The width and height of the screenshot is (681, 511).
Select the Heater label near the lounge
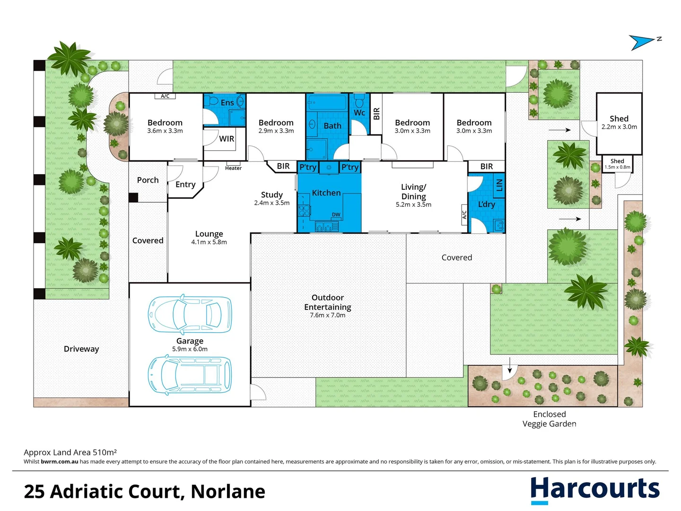233,168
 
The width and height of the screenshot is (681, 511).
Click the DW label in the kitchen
336,214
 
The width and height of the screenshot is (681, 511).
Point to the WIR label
227,139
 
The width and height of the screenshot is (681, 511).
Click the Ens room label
227,103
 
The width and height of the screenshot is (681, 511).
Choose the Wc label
359,113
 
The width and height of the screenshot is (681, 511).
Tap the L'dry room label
486,204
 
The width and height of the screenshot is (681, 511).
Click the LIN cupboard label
499,184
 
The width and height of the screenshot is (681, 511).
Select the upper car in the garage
190,314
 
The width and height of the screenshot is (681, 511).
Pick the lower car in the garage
190,375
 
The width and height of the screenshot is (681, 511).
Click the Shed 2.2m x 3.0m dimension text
619,127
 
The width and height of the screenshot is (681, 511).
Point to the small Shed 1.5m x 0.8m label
617,164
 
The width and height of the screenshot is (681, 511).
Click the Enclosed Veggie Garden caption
549,419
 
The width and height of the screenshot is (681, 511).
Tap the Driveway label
81,349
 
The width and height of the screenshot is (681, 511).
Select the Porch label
148,180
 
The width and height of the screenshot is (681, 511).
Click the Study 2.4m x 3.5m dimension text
271,203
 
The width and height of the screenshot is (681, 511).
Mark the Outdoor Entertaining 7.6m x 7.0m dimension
327,315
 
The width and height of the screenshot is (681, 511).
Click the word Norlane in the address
228,492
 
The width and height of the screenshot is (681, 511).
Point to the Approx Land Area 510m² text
70,452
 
